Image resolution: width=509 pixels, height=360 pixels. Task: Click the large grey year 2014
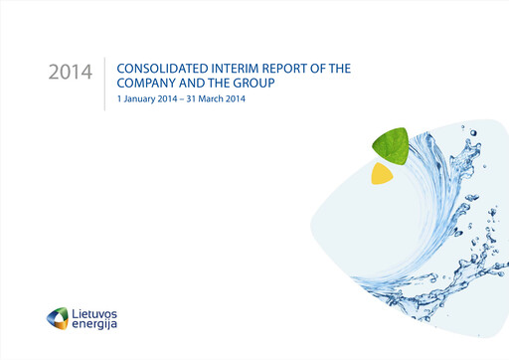click(x=69, y=75)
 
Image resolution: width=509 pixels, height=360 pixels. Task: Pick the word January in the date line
click(x=139, y=100)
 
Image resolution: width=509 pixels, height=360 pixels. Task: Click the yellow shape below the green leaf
click(x=382, y=174)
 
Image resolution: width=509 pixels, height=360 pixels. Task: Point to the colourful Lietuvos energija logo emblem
click(x=59, y=319)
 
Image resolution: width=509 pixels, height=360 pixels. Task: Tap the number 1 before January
click(x=119, y=100)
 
